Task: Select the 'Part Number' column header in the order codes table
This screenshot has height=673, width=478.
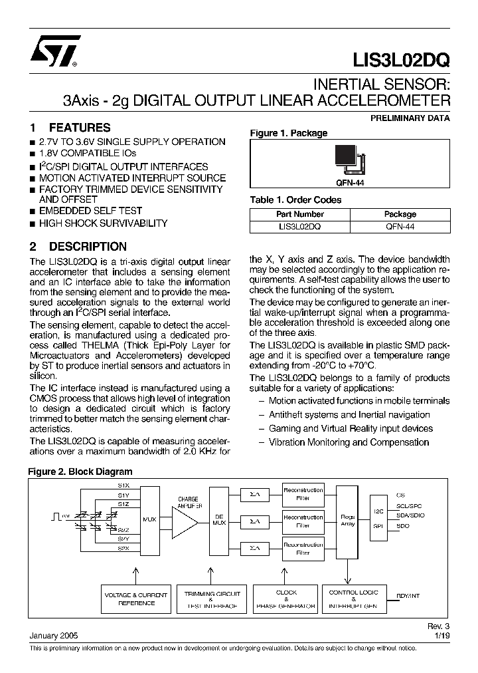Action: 299,214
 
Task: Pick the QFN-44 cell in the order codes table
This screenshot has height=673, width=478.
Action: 400,226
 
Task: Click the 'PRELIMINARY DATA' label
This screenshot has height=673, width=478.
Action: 410,118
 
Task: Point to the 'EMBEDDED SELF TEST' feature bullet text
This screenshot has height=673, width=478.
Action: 90,211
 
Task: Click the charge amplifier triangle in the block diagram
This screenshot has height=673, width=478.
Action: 185,519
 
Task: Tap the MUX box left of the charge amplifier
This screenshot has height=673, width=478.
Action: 149,519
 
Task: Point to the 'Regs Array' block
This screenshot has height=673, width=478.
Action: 347,520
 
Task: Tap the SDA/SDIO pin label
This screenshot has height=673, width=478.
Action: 410,515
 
